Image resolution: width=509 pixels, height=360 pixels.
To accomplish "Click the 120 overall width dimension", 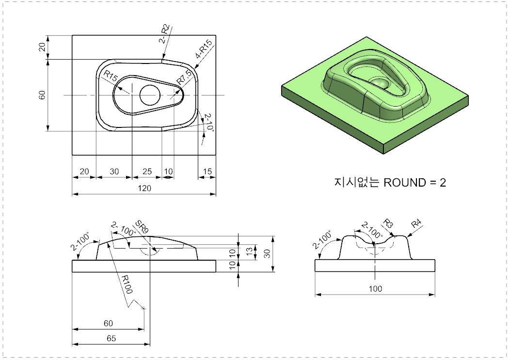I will click(x=144, y=188).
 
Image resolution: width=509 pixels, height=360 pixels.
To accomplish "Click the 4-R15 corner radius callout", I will click(x=204, y=49).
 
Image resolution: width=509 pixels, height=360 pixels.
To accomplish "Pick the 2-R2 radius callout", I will click(x=164, y=34).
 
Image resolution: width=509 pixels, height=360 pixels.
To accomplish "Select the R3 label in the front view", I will click(x=388, y=224).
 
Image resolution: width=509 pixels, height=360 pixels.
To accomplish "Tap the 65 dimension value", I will click(x=111, y=339).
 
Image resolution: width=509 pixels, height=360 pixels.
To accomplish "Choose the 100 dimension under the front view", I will click(x=375, y=289).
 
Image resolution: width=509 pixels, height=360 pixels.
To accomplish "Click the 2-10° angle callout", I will click(x=208, y=122).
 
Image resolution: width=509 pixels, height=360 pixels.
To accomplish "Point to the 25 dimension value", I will click(x=147, y=171).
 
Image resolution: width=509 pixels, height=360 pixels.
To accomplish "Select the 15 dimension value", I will click(x=207, y=171).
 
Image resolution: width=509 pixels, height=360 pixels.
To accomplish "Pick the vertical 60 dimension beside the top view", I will click(x=42, y=95).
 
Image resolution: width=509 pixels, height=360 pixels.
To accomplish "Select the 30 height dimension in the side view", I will click(x=267, y=253).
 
